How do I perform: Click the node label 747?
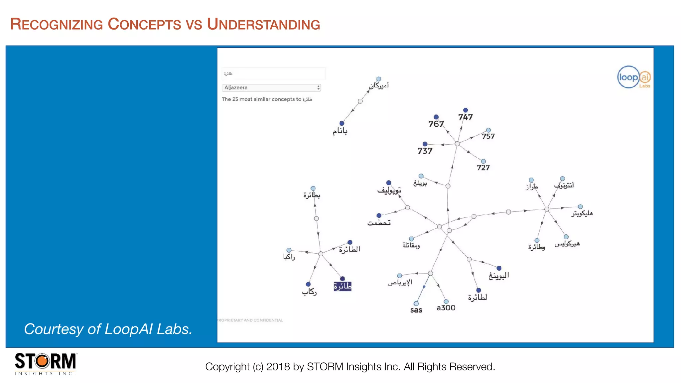[465, 117]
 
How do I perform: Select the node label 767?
[436, 124]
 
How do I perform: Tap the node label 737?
[425, 151]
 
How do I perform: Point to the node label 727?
[483, 168]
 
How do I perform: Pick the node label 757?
[488, 136]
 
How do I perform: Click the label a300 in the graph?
[446, 308]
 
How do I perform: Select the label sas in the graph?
[416, 310]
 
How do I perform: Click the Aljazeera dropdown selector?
[271, 88]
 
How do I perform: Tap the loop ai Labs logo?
[634, 77]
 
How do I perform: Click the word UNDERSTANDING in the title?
[263, 24]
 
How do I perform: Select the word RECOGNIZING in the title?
[57, 24]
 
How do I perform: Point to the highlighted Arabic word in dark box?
[342, 286]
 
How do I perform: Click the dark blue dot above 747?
[466, 110]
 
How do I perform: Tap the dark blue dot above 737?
[425, 144]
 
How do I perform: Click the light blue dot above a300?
[446, 302]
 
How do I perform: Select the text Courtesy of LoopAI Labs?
[108, 329]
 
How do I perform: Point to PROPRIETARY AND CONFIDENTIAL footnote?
[250, 320]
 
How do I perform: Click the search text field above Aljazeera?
[274, 73]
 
